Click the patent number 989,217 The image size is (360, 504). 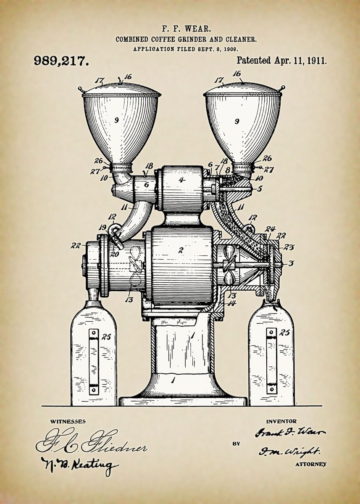click(x=61, y=61)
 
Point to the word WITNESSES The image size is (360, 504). click(x=68, y=421)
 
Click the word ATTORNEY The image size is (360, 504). click(x=311, y=464)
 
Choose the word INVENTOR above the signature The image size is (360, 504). click(x=281, y=421)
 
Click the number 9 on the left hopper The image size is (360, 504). click(x=116, y=120)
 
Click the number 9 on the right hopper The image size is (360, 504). click(x=237, y=121)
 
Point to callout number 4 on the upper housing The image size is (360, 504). click(x=181, y=180)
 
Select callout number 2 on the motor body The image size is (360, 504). click(x=181, y=250)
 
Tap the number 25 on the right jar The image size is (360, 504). click(x=285, y=333)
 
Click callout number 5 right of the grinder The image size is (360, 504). click(x=259, y=189)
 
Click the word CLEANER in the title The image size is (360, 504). click(x=242, y=39)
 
